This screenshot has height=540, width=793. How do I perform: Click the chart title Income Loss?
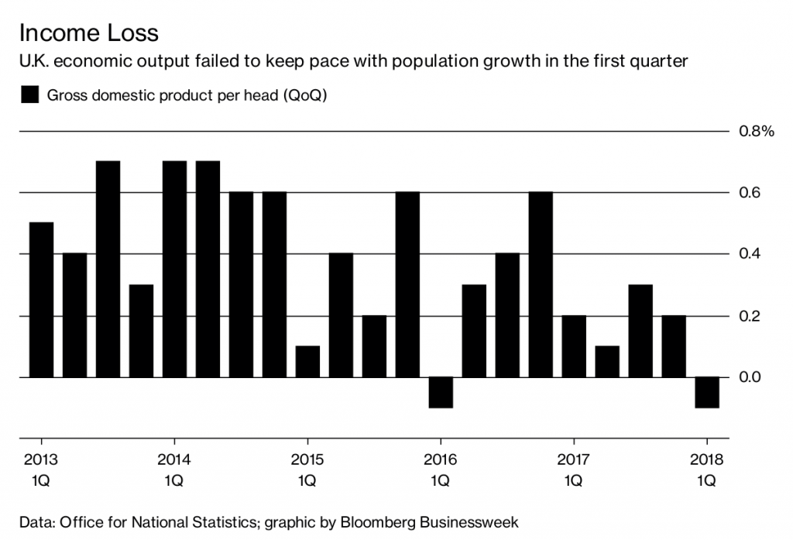88,33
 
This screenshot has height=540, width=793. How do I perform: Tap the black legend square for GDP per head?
30,95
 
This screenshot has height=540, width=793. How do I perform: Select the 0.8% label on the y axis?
757,132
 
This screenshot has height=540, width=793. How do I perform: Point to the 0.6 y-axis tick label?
750,193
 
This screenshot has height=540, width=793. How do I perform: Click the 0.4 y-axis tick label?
750,254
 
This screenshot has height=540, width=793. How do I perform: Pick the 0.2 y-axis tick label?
750,316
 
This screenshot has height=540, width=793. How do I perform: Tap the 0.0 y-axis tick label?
750,377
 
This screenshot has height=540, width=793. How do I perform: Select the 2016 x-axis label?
440,459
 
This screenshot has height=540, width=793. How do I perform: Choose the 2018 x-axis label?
706,459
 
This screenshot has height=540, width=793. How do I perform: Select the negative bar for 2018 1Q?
706,392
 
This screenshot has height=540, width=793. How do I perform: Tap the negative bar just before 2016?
440,392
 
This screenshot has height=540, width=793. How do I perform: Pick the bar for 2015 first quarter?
307,362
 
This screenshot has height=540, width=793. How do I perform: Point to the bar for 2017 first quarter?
574,346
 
